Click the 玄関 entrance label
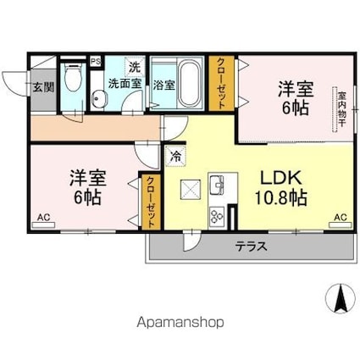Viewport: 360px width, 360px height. (43, 87)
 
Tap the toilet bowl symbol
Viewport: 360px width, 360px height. (73, 76)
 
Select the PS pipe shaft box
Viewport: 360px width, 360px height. (97, 61)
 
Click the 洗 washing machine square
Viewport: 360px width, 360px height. (135, 68)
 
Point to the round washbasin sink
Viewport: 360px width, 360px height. (99, 98)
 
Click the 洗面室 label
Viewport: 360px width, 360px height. (125, 84)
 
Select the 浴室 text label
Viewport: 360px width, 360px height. (164, 86)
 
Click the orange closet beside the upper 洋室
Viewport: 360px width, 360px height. (221, 83)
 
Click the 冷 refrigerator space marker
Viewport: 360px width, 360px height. (175, 157)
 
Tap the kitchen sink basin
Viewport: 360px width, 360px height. (216, 185)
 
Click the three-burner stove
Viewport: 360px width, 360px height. (217, 216)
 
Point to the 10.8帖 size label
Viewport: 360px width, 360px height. (281, 197)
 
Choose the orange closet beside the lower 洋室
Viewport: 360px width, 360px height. (151, 202)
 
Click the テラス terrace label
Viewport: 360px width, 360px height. (252, 246)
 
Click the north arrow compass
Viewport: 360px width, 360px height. (341, 298)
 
